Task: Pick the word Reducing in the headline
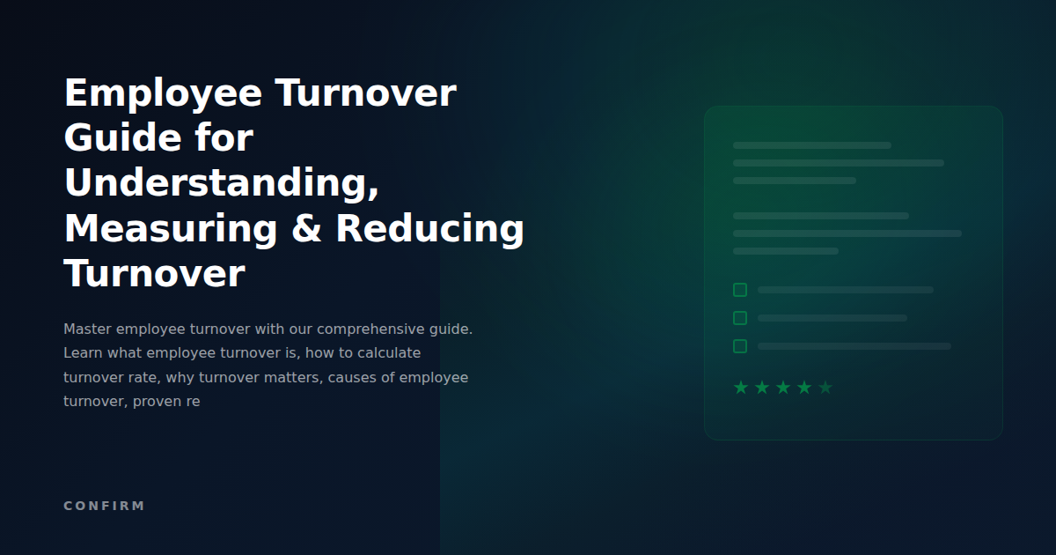tap(429, 228)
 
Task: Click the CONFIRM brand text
tap(104, 506)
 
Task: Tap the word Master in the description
tap(87, 329)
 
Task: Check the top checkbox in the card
tap(740, 290)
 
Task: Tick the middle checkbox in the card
tap(740, 318)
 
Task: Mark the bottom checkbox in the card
tap(740, 346)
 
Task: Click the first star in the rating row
tap(741, 388)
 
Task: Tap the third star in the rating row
tap(783, 388)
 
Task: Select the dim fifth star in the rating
tap(825, 388)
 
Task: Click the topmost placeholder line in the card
tap(811, 145)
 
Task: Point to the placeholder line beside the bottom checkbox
tap(854, 346)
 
